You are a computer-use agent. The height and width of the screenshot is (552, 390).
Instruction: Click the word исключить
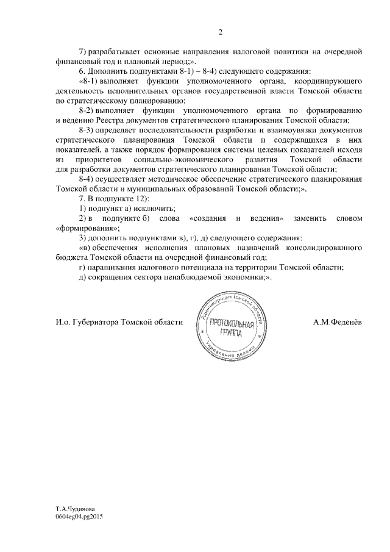(x=150, y=209)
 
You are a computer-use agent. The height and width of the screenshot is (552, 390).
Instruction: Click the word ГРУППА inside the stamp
(x=229, y=335)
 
